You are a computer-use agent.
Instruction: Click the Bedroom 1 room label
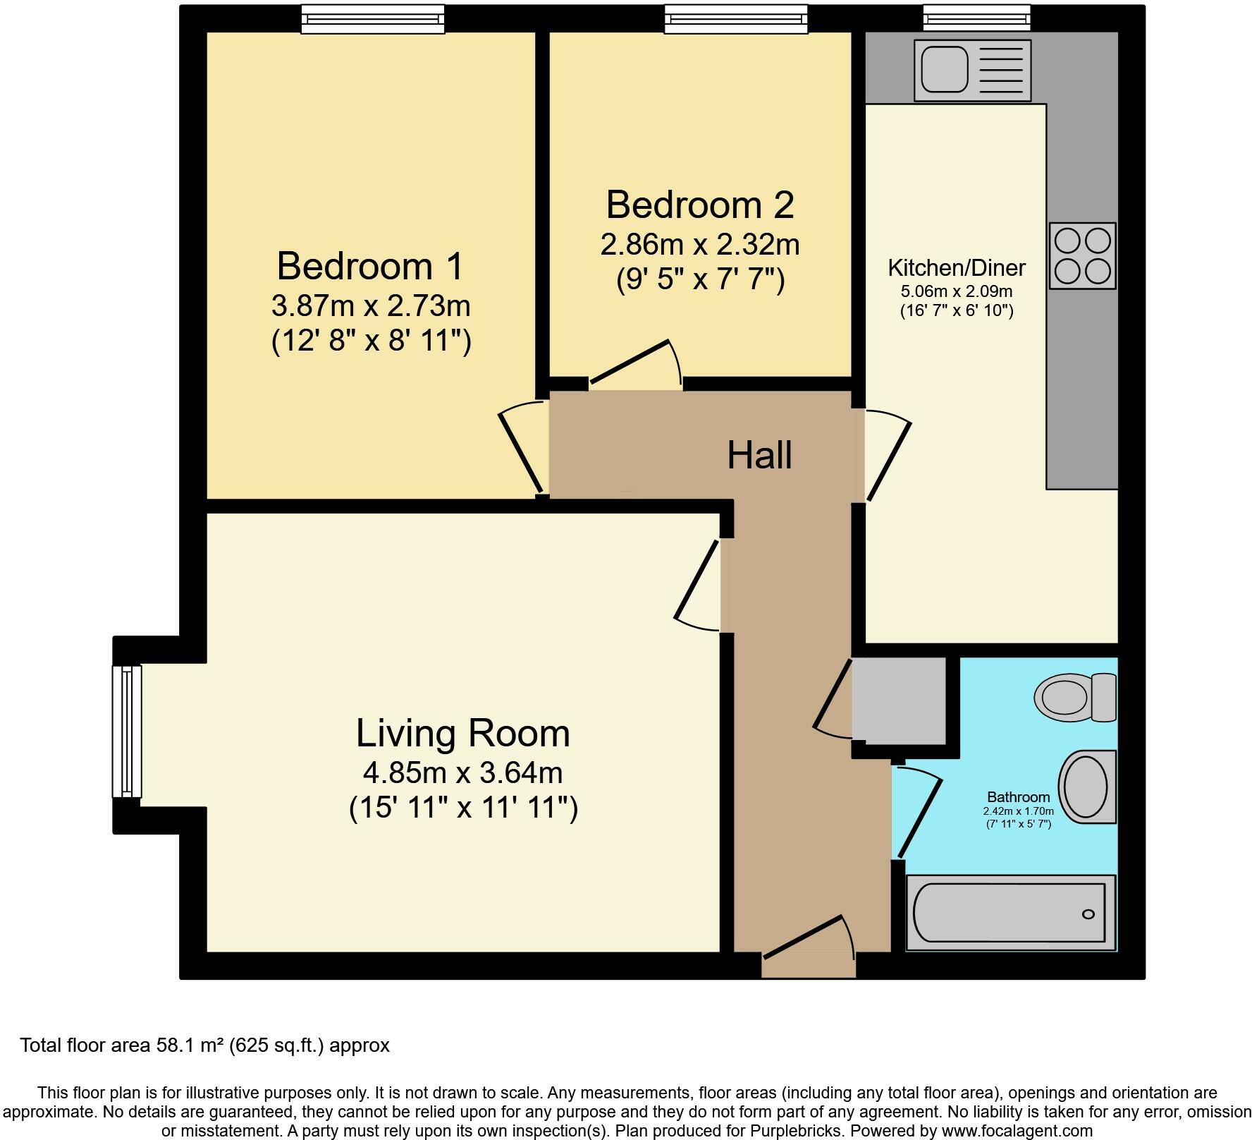coord(371,267)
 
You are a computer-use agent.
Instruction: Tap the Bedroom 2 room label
coord(700,205)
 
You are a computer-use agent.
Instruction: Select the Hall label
coord(759,455)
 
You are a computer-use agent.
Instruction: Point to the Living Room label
coord(462,733)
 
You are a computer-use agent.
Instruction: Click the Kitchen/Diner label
coord(957,268)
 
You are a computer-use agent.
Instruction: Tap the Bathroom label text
coord(1019,797)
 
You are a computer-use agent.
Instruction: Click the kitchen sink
coord(973,70)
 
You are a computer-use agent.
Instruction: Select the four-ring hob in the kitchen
coord(1083,255)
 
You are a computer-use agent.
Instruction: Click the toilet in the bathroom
coord(1076,697)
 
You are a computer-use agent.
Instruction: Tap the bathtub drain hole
coord(1088,914)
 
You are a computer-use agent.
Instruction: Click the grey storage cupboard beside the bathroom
coord(900,700)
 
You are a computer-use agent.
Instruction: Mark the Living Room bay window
coord(127,731)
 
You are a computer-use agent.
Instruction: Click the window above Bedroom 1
coord(374,18)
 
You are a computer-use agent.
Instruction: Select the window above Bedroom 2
coord(736,18)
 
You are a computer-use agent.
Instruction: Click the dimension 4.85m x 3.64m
coord(462,773)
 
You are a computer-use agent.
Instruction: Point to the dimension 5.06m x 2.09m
coord(957,291)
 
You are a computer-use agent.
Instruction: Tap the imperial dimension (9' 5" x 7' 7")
coord(700,281)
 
